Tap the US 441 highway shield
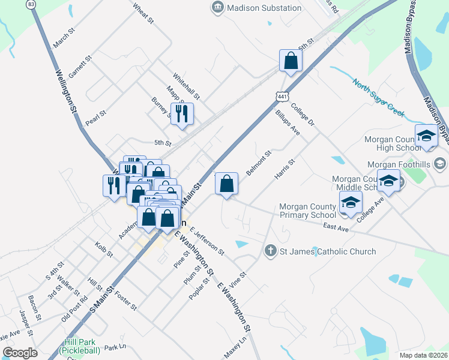tap(283, 96)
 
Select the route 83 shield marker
tap(31, 4)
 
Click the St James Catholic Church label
tap(328, 252)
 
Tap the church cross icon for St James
tap(271, 251)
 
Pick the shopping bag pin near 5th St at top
tap(291, 61)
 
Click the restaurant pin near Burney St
tap(182, 113)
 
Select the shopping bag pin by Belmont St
tap(227, 183)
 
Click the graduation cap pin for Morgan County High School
tap(426, 136)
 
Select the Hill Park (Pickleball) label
tap(80, 347)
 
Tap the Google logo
tap(19, 352)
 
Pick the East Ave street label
tap(335, 226)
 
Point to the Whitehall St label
tap(186, 86)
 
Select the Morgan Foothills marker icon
tap(439, 163)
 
